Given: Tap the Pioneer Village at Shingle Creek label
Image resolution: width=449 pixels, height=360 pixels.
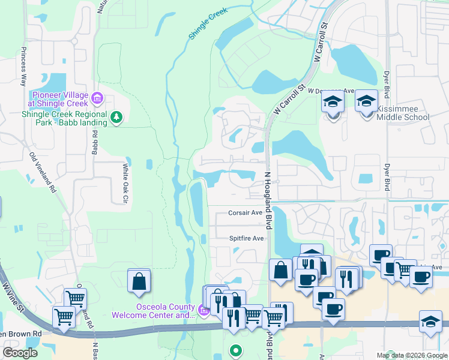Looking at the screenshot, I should [x=60, y=99].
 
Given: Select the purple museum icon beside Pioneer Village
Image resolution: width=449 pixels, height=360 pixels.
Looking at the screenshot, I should [x=98, y=97].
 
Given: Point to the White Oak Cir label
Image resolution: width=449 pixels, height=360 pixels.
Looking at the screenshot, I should [x=125, y=183].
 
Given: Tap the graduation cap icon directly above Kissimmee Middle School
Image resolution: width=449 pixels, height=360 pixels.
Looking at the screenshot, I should [x=366, y=101].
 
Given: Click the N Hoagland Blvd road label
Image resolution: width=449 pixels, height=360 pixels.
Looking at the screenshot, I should [x=268, y=199].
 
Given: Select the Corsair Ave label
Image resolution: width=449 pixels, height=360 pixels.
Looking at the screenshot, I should [x=245, y=212].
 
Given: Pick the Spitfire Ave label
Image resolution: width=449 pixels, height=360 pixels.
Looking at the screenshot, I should [x=246, y=238].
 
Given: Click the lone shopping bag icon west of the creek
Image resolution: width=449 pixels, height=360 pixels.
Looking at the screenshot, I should [x=139, y=281].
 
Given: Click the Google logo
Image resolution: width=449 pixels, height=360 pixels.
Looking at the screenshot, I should [x=20, y=353].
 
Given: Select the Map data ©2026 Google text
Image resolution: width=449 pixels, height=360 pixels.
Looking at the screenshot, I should [x=411, y=355].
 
